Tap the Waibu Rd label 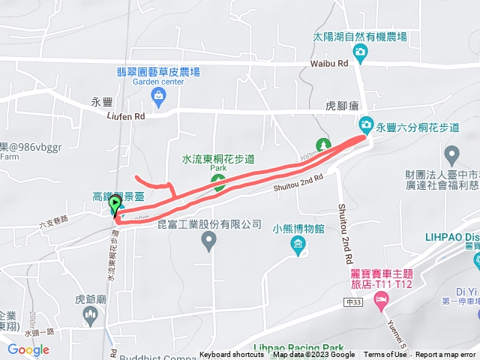[330, 64]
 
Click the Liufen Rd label [125, 116]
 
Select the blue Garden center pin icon [158, 94]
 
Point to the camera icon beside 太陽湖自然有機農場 [361, 52]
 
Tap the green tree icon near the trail [323, 145]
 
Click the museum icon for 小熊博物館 [298, 244]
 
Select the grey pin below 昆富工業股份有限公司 [209, 241]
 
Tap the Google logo [28, 349]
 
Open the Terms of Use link [385, 355]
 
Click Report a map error [447, 355]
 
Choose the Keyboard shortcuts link [232, 355]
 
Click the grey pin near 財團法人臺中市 [451, 155]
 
